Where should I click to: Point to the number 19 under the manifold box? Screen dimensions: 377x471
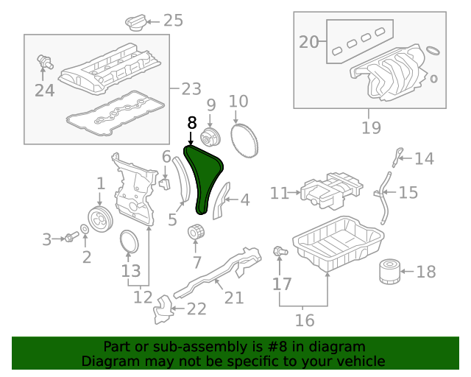click(372, 128)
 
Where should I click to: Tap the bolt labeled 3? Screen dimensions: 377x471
click(71, 237)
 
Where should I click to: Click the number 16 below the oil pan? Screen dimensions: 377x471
click(304, 320)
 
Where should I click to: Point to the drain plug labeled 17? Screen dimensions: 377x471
click(279, 253)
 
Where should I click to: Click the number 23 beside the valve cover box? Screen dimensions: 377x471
click(191, 89)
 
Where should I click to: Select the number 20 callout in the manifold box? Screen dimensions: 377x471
click(310, 42)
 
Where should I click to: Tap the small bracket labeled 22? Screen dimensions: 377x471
click(161, 310)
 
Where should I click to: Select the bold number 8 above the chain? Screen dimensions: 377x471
click(191, 122)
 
